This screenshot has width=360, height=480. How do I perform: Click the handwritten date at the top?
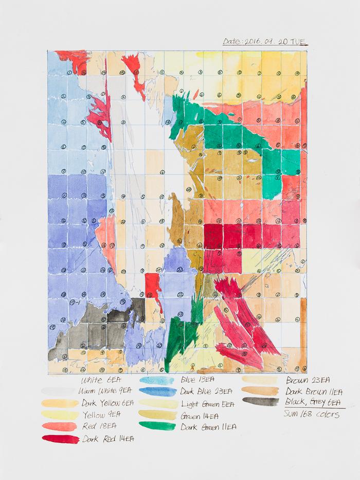(265, 42)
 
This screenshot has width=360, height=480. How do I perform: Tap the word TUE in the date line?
(298, 42)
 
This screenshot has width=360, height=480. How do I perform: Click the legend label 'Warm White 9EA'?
(107, 392)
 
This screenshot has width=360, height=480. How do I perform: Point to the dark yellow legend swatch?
(60, 403)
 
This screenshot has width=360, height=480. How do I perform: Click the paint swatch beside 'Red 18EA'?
(60, 426)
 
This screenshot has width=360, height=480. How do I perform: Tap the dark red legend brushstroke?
(60, 438)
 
